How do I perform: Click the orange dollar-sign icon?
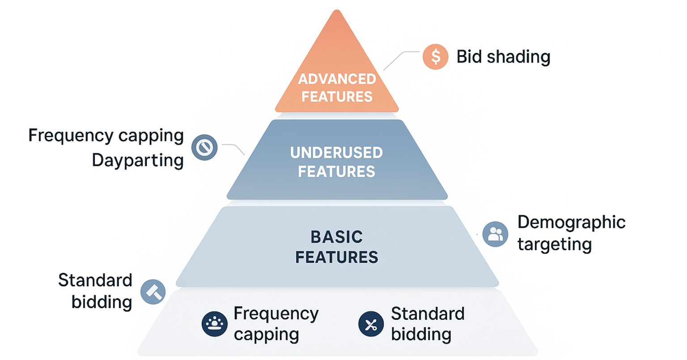point(435,57)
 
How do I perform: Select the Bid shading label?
point(503,57)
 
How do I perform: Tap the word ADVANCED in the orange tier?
point(337,79)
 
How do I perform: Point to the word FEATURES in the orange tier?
point(337,97)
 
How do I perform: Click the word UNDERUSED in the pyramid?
point(336,153)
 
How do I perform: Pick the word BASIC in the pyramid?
point(336,237)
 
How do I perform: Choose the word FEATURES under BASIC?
point(336,257)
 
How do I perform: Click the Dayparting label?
point(138,160)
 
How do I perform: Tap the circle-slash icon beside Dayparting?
point(204,148)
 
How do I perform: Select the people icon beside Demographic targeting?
point(495,234)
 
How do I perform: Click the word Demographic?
point(571,222)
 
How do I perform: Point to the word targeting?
point(555,244)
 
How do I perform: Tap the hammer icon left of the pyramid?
point(153,292)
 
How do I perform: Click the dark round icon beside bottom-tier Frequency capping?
point(215,323)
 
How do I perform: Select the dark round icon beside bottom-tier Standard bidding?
point(371,323)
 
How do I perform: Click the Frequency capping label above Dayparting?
point(106,136)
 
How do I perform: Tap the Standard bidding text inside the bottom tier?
point(427,324)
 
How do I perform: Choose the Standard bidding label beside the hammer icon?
point(96,291)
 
